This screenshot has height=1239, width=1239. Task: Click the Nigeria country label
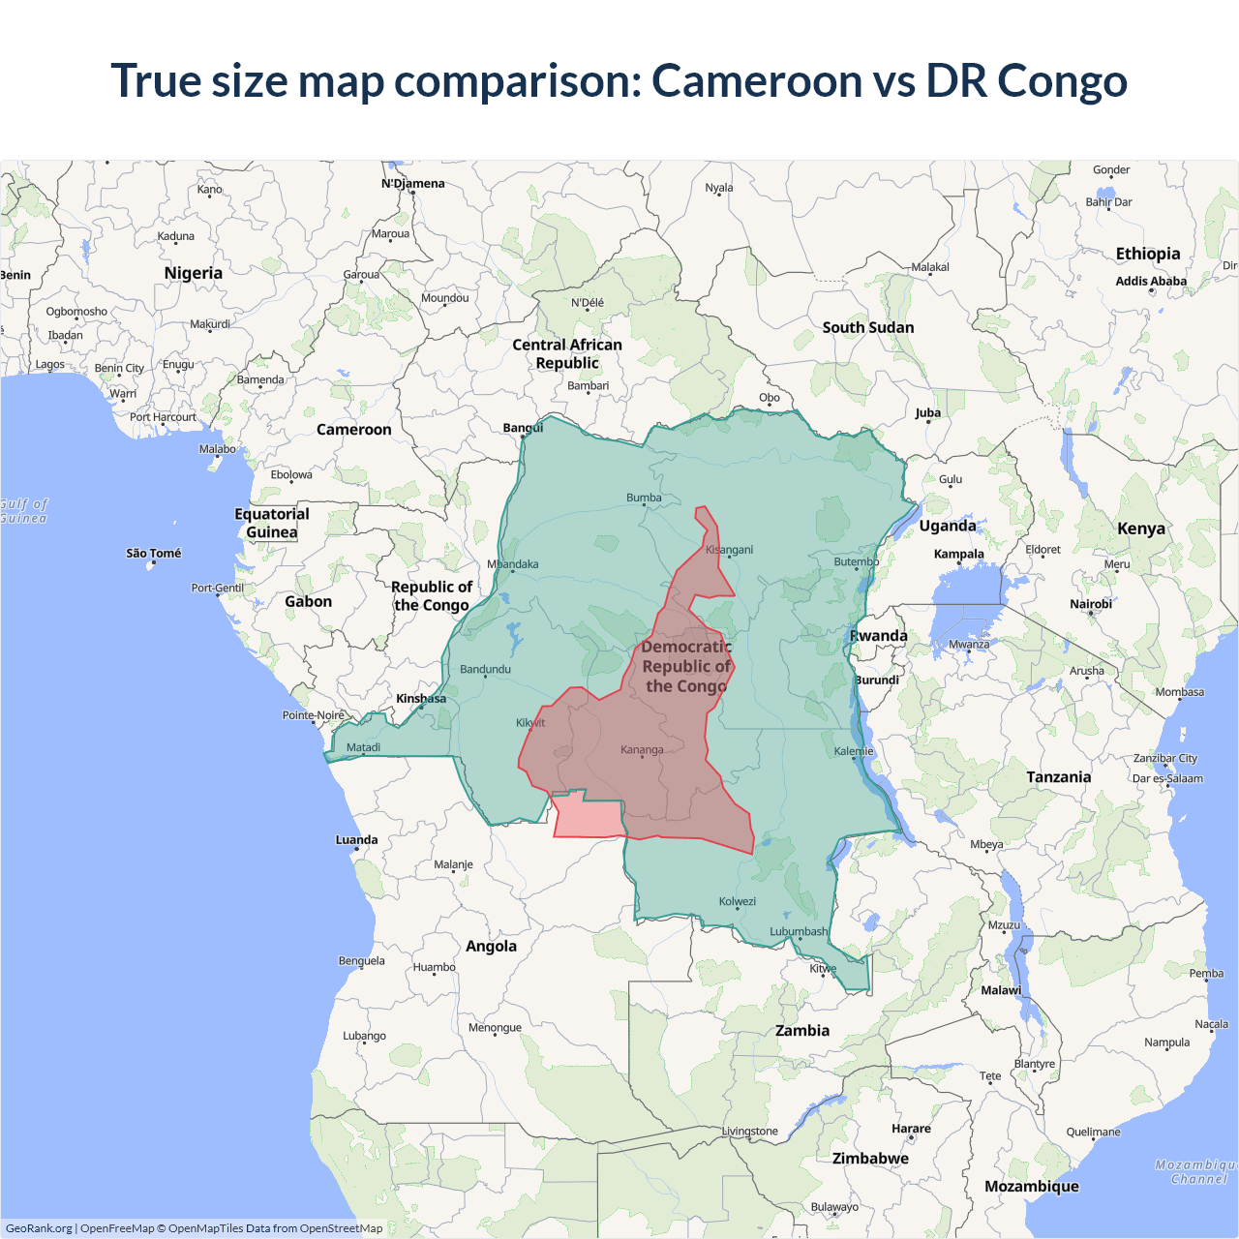194,273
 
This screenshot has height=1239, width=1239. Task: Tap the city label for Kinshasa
421,698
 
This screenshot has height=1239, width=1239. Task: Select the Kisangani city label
729,550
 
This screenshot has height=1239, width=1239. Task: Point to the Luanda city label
356,839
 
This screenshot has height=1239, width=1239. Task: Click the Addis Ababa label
1151,281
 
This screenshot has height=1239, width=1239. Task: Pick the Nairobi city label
1091,604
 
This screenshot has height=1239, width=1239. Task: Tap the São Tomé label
154,553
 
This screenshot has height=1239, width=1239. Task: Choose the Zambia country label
802,1030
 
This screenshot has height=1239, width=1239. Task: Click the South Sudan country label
868,327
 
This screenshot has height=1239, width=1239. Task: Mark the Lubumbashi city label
799,931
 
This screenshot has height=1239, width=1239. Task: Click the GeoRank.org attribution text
39,1228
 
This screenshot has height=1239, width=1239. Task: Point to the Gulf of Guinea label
23,511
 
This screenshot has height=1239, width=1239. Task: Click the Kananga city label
642,749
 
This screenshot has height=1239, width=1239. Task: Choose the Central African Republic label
567,353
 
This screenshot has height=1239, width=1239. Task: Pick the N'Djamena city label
413,183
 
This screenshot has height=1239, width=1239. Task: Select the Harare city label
911,1128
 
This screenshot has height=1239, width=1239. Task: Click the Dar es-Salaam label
1167,778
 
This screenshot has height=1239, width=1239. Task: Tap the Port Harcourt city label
163,417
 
